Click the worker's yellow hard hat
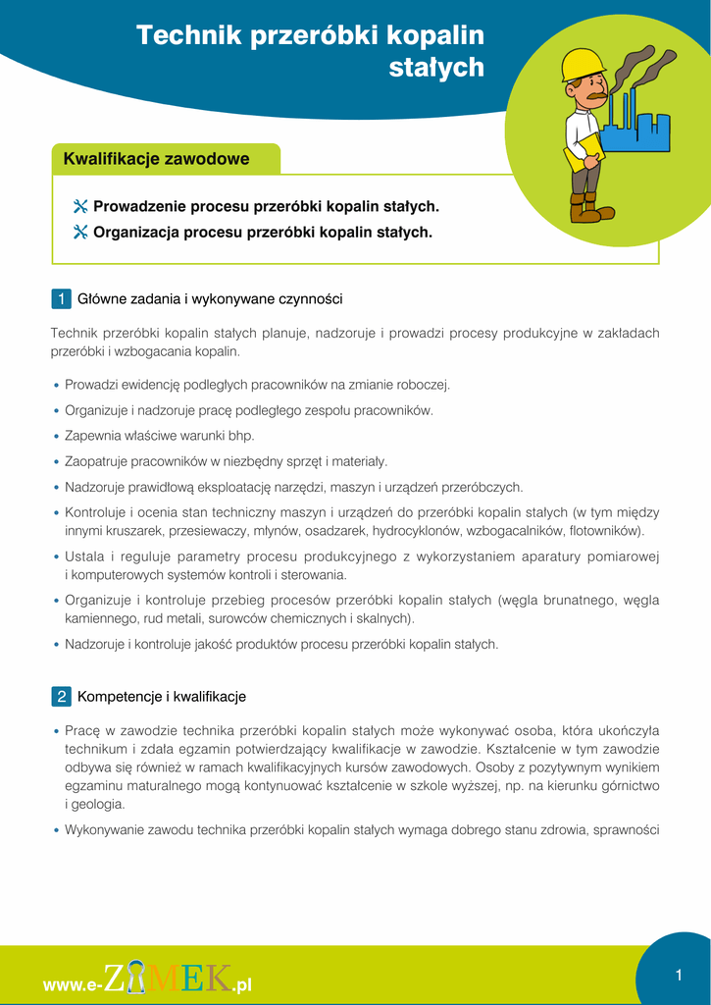click(x=583, y=65)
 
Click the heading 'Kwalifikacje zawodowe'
click(x=156, y=159)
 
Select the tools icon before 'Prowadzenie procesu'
click(x=80, y=207)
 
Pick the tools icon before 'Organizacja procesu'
click(x=80, y=233)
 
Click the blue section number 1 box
click(x=61, y=298)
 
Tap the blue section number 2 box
click(x=61, y=697)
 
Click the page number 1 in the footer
click(x=678, y=975)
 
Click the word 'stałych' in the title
click(x=437, y=67)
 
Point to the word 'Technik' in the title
click(x=183, y=35)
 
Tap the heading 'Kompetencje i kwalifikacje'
click(x=162, y=697)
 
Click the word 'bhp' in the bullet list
click(x=241, y=436)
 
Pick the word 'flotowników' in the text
click(x=606, y=531)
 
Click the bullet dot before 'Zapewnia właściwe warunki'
click(x=56, y=436)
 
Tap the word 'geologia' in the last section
click(x=98, y=804)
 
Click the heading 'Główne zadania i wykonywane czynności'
click(x=210, y=298)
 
